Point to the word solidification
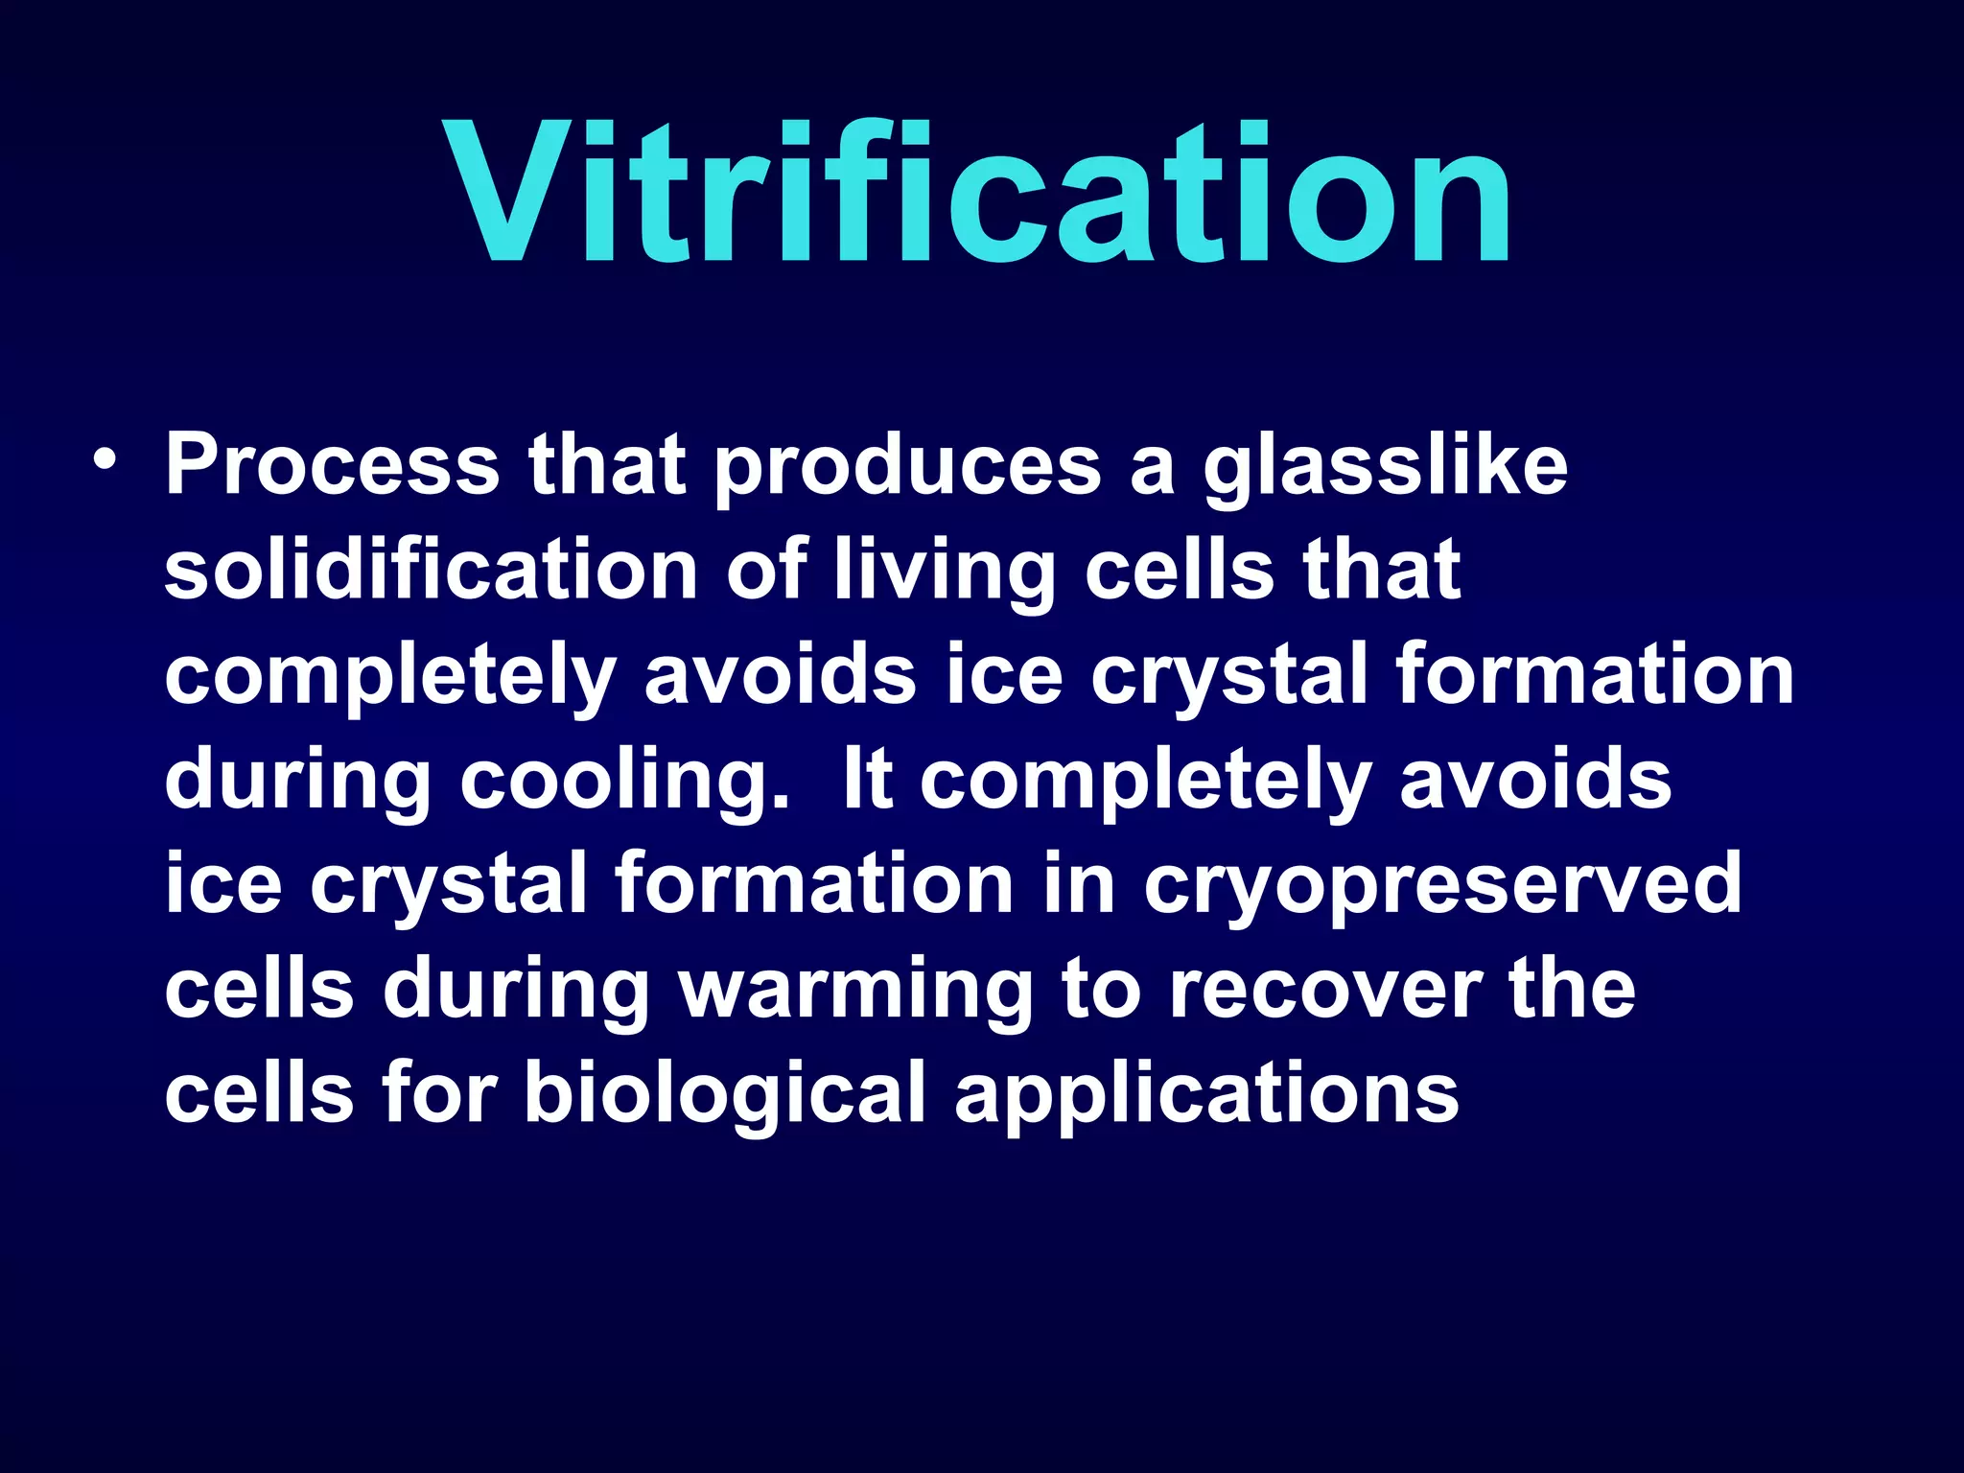coord(431,571)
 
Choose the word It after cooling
coord(868,780)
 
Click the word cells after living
coord(1180,571)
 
